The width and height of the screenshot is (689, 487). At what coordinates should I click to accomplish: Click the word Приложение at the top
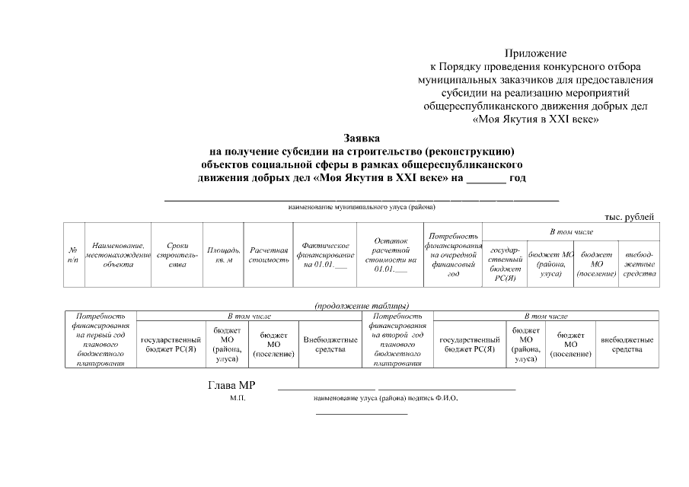pos(536,53)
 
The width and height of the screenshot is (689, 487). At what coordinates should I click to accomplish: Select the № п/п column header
pos(73,255)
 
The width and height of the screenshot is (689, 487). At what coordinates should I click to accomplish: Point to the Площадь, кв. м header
pos(223,255)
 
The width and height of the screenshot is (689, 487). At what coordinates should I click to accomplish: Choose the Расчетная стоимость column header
pos(268,255)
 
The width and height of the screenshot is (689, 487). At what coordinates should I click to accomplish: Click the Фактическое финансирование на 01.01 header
pos(325,255)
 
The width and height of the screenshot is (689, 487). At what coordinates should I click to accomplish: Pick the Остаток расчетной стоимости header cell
pos(391,255)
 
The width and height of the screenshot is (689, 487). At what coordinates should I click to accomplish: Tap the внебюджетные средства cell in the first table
pos(639,263)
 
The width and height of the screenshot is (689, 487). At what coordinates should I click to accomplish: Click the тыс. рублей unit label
pos(629,218)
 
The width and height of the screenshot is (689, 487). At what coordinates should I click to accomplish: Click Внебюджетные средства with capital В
pos(330,344)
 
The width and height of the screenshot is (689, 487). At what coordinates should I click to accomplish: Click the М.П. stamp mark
pos(238,398)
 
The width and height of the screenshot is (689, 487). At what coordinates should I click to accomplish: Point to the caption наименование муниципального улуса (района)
pos(362,206)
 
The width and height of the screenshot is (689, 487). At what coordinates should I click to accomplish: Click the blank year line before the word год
pos(485,180)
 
